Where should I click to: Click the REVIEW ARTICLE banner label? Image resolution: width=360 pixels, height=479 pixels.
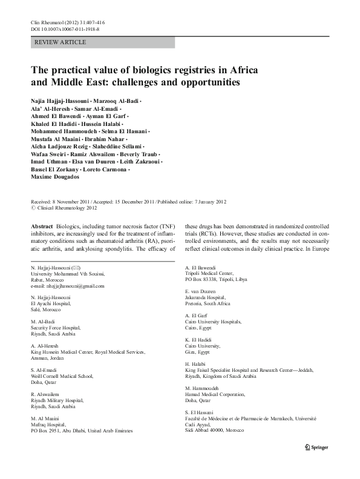point(61,42)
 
